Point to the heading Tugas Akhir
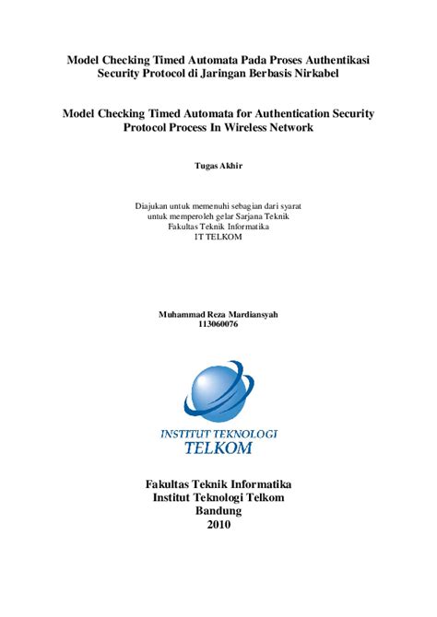pyautogui.click(x=218, y=166)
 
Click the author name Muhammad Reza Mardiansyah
pyautogui.click(x=218, y=314)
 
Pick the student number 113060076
pyautogui.click(x=218, y=324)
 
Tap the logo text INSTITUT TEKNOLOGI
pyautogui.click(x=218, y=433)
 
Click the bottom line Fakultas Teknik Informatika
pyautogui.click(x=218, y=483)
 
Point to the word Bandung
pyautogui.click(x=218, y=511)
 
